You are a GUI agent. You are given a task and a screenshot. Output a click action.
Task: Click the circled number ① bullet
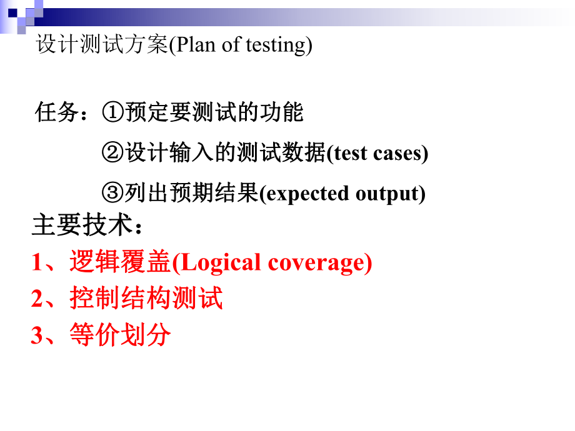click(112, 113)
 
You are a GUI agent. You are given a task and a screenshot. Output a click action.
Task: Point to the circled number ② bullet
click(112, 153)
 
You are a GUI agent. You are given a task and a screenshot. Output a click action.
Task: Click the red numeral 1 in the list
click(37, 264)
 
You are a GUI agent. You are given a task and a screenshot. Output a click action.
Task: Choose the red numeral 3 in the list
click(37, 336)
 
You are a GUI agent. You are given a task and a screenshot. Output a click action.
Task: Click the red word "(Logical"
click(216, 264)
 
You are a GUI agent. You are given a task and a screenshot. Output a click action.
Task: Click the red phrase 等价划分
click(120, 336)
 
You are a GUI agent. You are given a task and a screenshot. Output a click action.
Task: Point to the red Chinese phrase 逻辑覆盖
click(120, 264)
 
